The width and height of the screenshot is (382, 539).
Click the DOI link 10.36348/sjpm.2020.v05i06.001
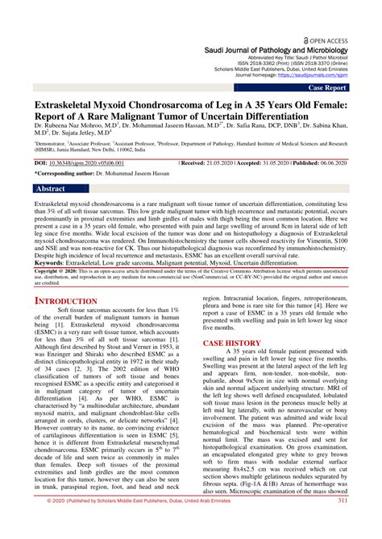(106, 162)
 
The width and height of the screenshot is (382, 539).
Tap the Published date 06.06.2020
(351, 162)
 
